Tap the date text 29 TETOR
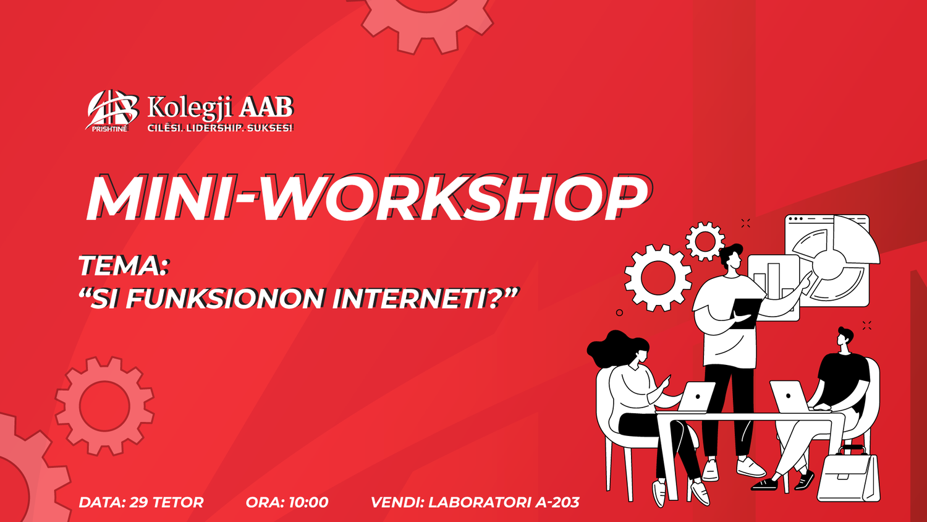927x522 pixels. tap(166, 502)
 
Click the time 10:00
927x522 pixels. tap(308, 502)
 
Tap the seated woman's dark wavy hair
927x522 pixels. tap(617, 348)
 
